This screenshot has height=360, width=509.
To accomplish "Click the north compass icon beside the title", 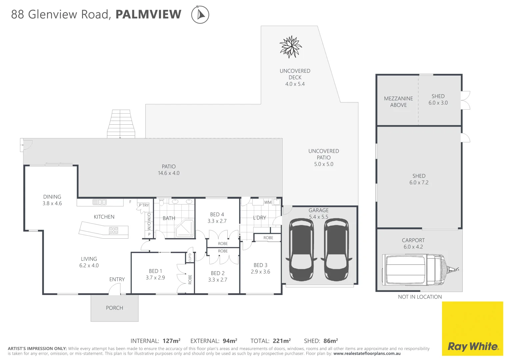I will pos(200,15).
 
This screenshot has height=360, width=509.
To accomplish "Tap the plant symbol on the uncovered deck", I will pos(291,47).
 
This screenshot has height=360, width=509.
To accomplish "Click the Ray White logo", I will pos(473,346).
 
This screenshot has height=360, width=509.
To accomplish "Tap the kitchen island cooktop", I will pos(114,230).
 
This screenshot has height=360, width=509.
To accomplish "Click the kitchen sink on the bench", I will pos(100,202).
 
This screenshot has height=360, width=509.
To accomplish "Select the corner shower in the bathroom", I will pos(184,228).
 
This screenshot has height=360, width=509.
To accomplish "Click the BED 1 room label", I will pos(155,271).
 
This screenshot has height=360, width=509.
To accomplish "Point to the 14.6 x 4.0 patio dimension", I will pos(169,173).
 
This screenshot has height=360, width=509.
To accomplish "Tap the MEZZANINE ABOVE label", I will pos(398,102).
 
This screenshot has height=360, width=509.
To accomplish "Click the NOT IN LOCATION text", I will pos(420,297).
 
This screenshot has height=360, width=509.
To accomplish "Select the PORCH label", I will pos(114,308).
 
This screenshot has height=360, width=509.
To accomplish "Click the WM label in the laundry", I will pos(268,202).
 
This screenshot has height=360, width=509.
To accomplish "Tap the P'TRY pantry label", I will pos(144,205).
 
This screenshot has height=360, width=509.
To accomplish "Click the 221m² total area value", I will pos(282,341).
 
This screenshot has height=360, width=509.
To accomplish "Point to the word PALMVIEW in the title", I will pos(148,15).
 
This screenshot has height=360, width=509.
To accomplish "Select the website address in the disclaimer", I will pos(367,354).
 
